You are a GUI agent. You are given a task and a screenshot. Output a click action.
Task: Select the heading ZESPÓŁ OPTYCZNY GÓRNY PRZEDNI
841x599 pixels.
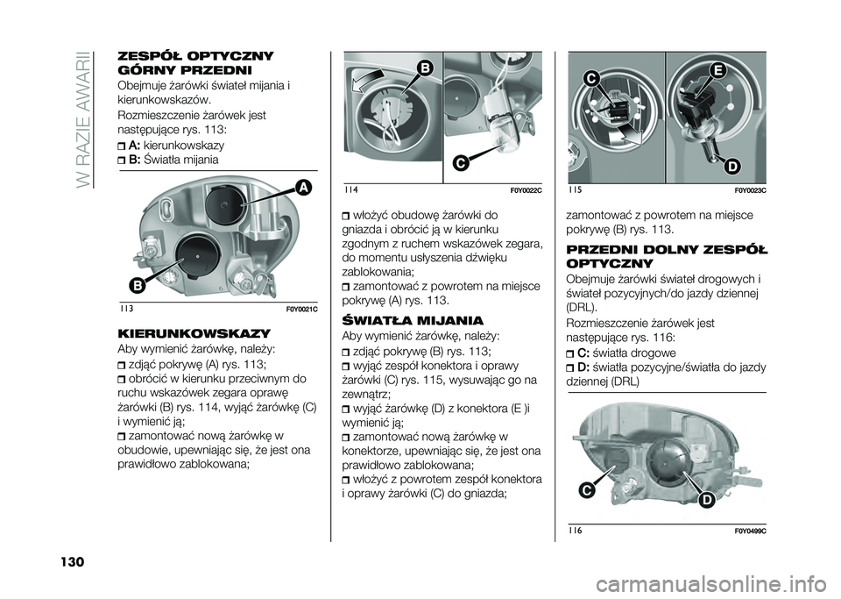[x=194, y=63]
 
